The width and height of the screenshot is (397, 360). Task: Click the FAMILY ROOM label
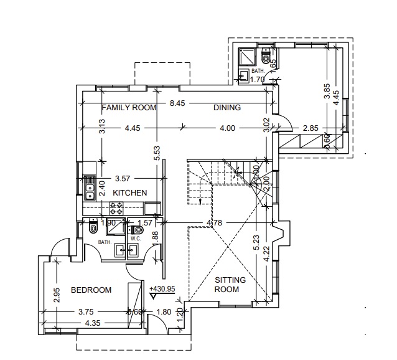pos(129,108)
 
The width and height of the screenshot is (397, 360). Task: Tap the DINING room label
pos(227,108)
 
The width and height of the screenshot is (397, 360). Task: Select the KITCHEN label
pos(129,193)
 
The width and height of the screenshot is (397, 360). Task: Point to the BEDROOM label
pos(91,290)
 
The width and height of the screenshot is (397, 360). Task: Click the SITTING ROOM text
pos(230,285)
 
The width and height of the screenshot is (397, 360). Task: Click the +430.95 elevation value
pos(162,289)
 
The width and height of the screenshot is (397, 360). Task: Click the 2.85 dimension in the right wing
pos(311,128)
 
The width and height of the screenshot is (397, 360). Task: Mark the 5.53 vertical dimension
pos(158,153)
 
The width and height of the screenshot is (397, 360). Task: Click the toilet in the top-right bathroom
pos(266,59)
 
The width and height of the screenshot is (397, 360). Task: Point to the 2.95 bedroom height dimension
pos(57,295)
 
